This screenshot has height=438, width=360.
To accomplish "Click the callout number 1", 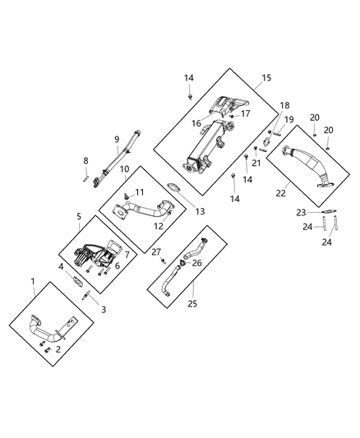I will [x=33, y=282].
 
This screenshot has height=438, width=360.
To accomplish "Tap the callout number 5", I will [x=80, y=217].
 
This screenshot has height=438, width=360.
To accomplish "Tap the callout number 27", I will [x=155, y=252].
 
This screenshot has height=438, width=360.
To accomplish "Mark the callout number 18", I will [x=262, y=106].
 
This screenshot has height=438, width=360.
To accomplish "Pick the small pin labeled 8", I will [x=85, y=173].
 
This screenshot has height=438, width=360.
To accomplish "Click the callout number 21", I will [x=256, y=163].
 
